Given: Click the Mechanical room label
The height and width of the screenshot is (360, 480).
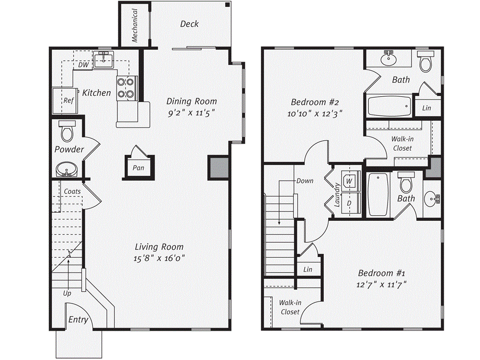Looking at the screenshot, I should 135,25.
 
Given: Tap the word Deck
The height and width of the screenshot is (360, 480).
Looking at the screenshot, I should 189,24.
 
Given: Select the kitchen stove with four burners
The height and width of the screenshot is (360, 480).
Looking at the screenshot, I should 126,88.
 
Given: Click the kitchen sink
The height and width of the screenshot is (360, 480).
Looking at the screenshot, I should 102,60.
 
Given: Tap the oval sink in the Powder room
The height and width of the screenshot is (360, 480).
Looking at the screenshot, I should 67,169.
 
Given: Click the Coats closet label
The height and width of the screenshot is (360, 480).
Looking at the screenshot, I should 72,191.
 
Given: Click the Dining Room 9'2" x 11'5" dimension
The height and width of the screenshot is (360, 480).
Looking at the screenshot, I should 192,113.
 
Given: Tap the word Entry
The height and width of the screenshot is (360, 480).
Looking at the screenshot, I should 78,320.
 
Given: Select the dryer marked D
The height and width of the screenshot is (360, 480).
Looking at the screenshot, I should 349,203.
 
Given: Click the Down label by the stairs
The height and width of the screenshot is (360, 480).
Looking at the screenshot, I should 305,181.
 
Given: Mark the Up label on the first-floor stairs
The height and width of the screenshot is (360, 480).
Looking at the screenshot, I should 67,293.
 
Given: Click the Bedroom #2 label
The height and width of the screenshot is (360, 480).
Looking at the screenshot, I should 308,102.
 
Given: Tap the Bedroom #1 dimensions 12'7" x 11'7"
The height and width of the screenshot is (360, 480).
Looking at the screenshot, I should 382,284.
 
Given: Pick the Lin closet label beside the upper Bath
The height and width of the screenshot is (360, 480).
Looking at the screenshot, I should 427,108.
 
